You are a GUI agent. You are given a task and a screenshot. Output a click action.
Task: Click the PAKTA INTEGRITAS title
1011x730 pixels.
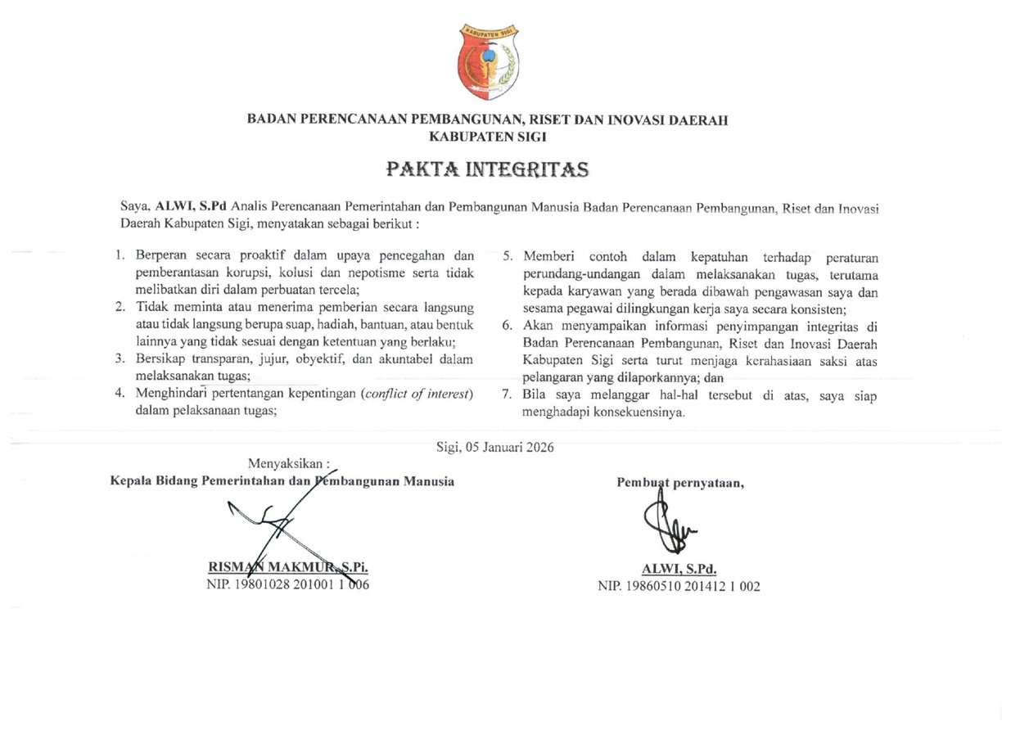point(488,170)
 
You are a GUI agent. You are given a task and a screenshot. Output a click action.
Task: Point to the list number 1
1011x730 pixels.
point(120,255)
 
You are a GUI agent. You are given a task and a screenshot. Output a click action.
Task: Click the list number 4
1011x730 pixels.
point(120,394)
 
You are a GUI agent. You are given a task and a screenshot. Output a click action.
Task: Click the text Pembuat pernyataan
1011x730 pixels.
point(679,482)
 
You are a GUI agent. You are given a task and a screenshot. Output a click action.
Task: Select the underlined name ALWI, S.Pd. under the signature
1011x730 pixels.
point(680,570)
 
